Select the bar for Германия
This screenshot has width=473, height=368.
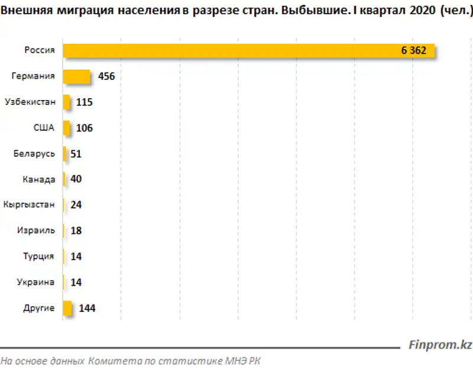[x=76, y=77]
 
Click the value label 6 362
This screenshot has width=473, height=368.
[x=413, y=51]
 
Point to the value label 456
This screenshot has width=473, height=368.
[x=106, y=77]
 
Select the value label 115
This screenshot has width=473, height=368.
[x=85, y=102]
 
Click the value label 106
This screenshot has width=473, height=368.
[x=85, y=128]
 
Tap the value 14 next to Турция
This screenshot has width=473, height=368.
[x=76, y=257]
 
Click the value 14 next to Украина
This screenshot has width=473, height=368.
[x=76, y=283]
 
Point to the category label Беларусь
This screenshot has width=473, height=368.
[x=34, y=154]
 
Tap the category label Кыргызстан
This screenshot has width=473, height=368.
[x=29, y=205]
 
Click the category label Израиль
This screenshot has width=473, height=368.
[x=36, y=231]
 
